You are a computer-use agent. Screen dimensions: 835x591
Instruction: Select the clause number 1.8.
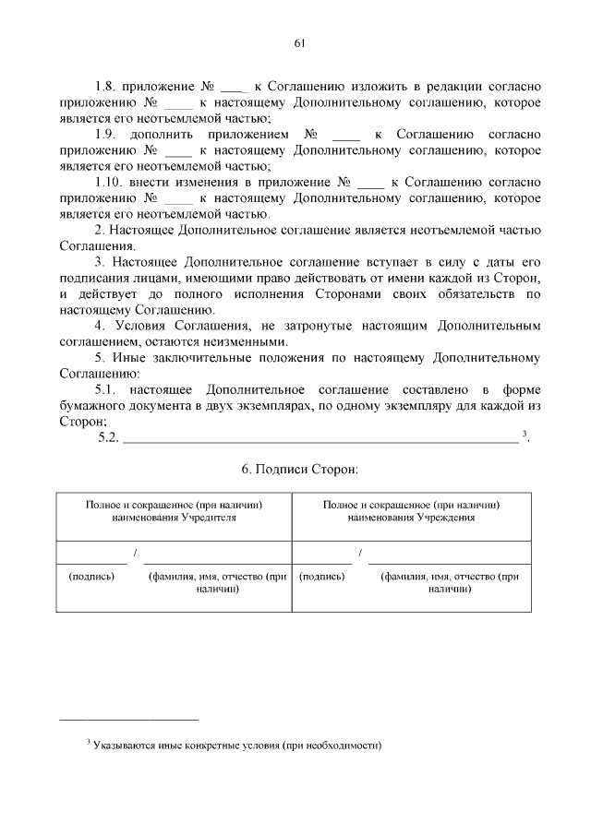point(109,85)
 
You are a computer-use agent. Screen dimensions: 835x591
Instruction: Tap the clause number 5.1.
point(109,390)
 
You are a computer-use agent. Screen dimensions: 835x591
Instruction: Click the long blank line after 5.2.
point(320,439)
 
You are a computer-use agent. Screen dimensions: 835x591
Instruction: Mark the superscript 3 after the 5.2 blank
point(524,434)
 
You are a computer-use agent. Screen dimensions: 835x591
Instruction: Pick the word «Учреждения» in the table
point(444,518)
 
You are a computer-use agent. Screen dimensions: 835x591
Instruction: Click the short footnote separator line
point(128,718)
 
